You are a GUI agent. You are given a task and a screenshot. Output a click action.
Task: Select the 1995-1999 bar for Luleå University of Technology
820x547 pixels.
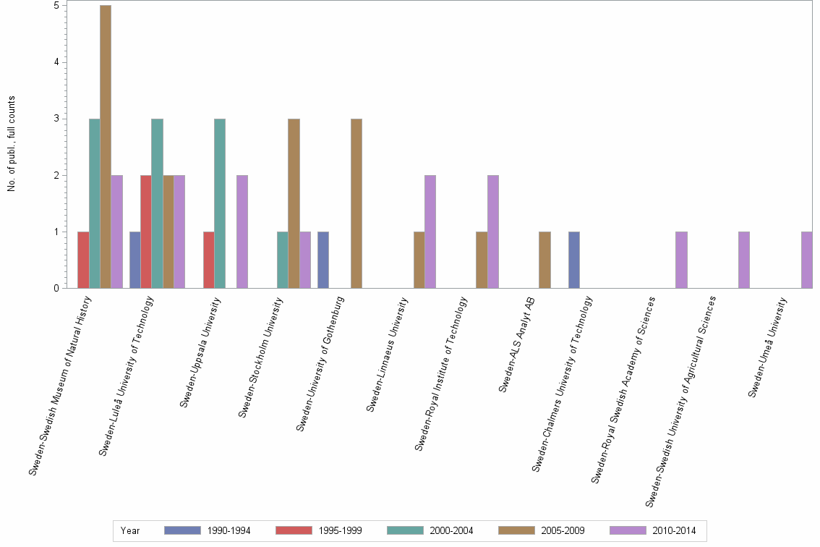(x=146, y=232)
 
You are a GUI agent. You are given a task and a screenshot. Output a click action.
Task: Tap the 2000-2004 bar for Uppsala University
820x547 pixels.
(x=220, y=203)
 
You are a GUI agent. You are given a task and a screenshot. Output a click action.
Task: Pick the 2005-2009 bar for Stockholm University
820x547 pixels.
(x=294, y=203)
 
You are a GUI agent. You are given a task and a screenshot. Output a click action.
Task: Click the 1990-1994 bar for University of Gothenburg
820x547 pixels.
(x=323, y=260)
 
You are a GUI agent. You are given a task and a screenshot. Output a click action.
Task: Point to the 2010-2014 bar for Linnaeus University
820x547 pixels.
(x=430, y=232)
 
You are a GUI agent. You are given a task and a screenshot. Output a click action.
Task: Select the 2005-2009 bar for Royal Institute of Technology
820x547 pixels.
(x=482, y=260)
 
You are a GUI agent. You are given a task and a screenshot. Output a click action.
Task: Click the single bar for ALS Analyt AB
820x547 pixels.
(x=544, y=260)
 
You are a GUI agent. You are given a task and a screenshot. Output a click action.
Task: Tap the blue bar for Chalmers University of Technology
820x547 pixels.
(x=574, y=260)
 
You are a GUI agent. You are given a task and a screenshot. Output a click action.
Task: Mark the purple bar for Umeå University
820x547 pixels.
(x=807, y=260)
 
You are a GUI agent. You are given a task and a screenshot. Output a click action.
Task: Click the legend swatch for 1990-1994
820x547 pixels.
(x=182, y=530)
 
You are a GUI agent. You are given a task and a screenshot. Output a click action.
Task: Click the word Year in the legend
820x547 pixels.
(x=131, y=530)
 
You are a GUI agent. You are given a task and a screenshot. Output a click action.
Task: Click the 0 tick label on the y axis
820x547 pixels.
(x=56, y=289)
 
